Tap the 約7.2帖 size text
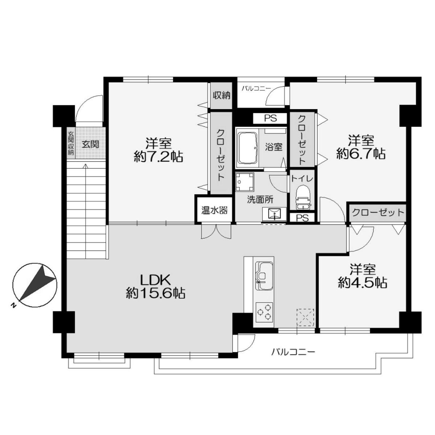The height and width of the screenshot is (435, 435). pos(158,157)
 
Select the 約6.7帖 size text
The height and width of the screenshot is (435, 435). pos(361,154)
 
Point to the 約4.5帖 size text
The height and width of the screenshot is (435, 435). pos(362,282)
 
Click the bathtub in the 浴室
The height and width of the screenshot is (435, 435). pos(248,148)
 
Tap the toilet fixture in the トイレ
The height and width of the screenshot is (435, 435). pos(303,198)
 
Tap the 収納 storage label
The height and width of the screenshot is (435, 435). pos(221,96)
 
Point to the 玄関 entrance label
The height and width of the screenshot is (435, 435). pos(90,144)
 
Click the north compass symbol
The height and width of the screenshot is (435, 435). pos(35,285)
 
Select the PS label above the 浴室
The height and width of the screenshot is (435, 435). pos(271,119)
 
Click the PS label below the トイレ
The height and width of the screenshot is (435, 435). pos(302,218)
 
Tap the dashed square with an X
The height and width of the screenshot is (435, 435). pos(305,317)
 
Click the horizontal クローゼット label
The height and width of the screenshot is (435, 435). pos(378,212)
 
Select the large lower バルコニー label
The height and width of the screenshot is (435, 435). pos(293,352)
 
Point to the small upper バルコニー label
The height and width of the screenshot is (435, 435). pos(256,88)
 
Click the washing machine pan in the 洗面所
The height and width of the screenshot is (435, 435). pos(244,182)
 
